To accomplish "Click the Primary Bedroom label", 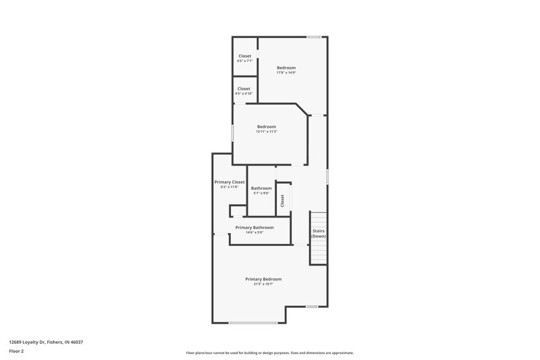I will click(263, 279).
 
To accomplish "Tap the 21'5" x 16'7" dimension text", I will click(263, 284).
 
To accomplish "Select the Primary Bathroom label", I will click(254, 228).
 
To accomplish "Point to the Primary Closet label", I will click(230, 182).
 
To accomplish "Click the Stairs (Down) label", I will click(319, 233).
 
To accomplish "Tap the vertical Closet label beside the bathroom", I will click(283, 201).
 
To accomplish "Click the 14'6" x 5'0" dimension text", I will click(254, 233).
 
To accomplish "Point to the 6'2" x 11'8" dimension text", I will click(230, 187).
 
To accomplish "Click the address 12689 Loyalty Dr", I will click(47, 342).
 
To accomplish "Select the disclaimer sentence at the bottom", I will click(270, 353).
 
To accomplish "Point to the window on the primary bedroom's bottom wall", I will click(252, 323).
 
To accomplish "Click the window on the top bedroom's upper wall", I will click(313, 36).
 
